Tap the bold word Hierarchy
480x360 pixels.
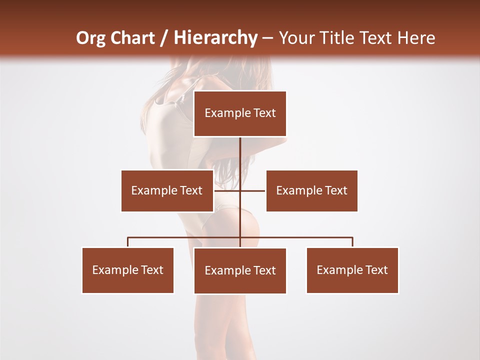[215, 38]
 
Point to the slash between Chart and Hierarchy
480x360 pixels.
[164, 38]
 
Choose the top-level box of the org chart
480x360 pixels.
[240, 113]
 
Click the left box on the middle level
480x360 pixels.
[167, 190]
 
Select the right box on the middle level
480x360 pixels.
[311, 190]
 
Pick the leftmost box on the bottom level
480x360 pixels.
[127, 270]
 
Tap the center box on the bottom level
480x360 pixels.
[240, 271]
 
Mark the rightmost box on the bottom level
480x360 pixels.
[352, 270]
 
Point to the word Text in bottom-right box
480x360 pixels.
[376, 270]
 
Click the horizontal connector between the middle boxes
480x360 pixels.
[252, 190]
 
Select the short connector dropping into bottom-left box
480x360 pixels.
[128, 242]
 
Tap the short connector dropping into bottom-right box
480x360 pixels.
[352, 242]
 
